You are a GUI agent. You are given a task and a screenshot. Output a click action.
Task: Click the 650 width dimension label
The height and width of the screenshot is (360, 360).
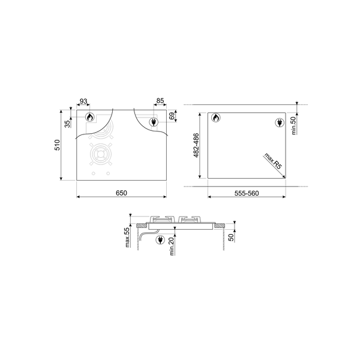click(121, 193)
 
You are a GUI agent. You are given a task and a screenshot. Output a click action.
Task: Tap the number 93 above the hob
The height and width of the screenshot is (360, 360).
click(83, 101)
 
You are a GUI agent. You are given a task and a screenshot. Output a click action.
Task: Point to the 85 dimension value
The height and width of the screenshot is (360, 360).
click(160, 101)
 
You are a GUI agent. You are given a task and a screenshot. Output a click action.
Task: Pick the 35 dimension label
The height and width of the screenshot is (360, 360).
click(67, 123)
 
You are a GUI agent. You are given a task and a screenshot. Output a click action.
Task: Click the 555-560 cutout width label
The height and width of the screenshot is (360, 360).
click(246, 193)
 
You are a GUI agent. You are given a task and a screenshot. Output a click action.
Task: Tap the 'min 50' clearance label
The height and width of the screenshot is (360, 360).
click(295, 125)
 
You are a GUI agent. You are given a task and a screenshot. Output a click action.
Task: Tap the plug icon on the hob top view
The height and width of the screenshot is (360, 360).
click(152, 123)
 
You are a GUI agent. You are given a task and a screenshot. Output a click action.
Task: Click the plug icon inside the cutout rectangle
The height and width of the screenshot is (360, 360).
click(280, 123)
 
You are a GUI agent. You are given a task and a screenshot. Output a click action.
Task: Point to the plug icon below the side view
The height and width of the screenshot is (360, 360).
click(160, 241)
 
